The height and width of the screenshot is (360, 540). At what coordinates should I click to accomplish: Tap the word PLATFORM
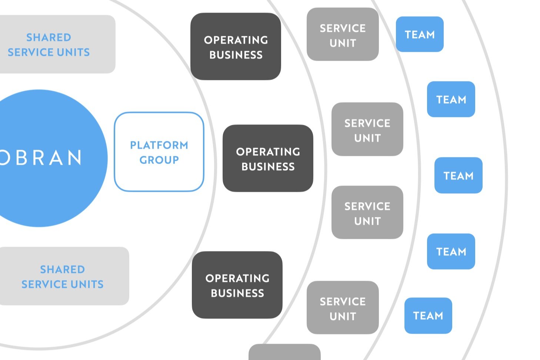coord(159,145)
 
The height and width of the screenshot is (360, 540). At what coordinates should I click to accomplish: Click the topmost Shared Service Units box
coord(52,44)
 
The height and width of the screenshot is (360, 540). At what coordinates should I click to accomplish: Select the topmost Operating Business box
coord(236,47)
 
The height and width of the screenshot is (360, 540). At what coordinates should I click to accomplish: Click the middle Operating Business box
coord(268,159)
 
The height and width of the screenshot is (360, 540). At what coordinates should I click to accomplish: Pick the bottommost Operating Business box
coord(237,285)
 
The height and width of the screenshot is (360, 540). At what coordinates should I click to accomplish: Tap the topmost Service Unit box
coord(343,34)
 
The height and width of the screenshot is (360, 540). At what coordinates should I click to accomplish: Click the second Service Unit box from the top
coord(367,130)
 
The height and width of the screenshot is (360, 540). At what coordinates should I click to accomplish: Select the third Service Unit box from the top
coord(367,213)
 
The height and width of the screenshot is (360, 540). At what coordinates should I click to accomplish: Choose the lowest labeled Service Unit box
coord(343,308)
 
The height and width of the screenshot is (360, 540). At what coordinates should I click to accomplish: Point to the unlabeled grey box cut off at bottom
coord(284,353)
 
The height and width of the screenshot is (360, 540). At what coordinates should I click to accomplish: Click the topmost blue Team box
coord(420,34)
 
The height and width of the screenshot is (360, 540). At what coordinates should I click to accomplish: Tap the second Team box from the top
coord(451,99)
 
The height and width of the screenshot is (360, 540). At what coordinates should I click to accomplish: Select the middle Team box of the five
coord(458,176)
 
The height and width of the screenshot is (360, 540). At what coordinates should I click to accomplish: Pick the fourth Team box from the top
coord(451,251)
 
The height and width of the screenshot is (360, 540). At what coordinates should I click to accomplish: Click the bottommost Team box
coord(428,316)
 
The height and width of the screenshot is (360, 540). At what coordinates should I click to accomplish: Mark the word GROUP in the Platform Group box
coord(159,160)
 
